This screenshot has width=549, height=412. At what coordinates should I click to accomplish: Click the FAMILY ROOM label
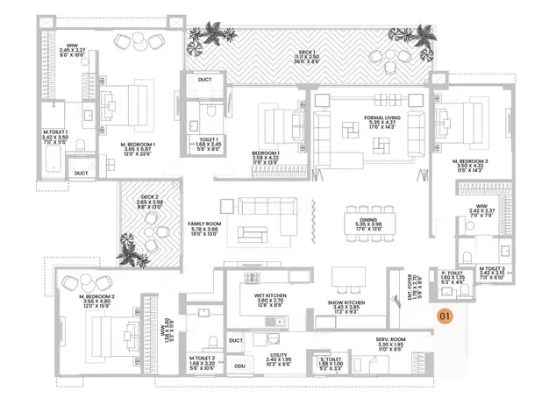203,224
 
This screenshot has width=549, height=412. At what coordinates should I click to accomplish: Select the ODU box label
240,366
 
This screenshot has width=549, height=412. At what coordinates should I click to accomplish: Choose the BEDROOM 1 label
267,153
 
